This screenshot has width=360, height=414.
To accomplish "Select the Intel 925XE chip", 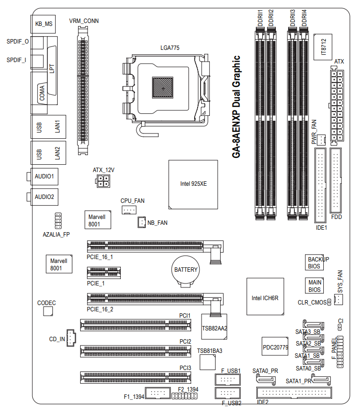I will pos(193,184).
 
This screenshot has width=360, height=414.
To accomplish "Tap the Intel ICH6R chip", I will pos(265,297).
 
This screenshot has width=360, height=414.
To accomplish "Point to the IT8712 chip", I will pos(323,47).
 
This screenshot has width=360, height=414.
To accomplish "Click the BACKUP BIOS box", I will pos(315,263).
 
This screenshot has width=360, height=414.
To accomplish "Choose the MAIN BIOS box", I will pos(315,286).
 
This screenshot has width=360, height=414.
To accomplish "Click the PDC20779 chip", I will pos(275,347).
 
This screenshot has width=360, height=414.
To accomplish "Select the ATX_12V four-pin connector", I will pos(103,181).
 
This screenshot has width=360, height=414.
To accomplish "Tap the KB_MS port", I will pos(43,23).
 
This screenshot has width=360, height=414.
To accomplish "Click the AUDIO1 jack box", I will pos(44,175).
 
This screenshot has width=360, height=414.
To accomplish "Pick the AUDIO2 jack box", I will pos(44,197).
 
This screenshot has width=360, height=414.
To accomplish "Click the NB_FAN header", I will pos(141,222).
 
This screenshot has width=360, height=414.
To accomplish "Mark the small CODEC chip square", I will pos(47,311).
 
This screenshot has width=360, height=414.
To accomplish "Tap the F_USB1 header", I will pos(227,380).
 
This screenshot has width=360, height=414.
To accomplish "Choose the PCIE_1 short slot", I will pos(104,273).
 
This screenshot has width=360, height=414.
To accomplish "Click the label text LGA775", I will pos(170,48).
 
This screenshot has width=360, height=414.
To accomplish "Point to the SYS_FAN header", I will pos(339,300).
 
